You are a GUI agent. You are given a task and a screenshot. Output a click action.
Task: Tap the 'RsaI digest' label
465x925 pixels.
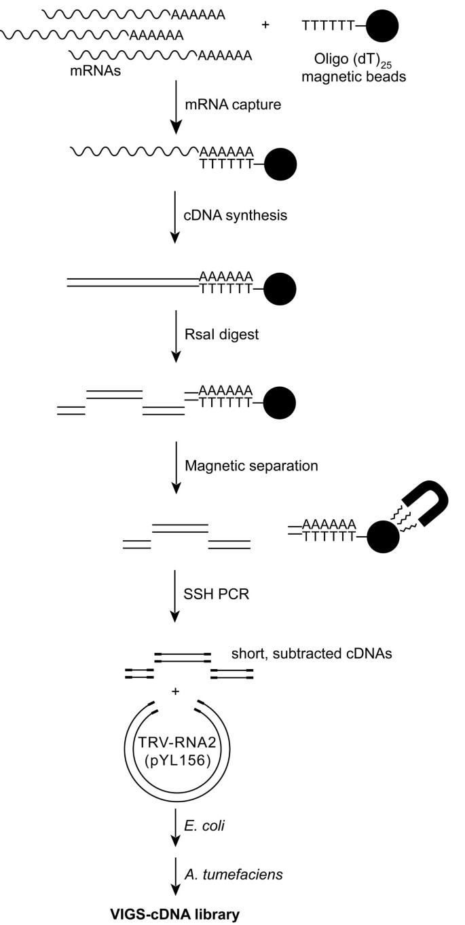[214, 333]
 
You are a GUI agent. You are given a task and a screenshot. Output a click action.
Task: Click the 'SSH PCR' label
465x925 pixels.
[210, 596]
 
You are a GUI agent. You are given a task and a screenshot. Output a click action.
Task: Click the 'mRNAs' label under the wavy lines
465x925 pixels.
[93, 73]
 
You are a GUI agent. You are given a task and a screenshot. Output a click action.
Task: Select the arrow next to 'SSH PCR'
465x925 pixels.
[176, 597]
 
